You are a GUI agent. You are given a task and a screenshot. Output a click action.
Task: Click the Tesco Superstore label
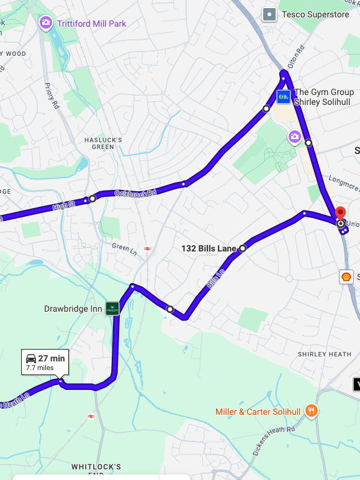[315, 14]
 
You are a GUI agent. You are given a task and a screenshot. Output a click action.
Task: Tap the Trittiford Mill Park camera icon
[46, 24]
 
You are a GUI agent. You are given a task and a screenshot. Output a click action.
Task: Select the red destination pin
[340, 214]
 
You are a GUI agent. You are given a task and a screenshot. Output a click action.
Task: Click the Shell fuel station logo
[346, 276]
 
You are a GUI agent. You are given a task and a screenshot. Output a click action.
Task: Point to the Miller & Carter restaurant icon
[312, 411]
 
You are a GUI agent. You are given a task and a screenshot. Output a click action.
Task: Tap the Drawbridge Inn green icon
[112, 309]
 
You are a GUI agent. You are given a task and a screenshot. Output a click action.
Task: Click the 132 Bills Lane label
[209, 248]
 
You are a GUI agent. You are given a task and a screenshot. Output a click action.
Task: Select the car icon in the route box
[30, 358]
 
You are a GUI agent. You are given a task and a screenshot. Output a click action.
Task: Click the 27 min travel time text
[52, 358]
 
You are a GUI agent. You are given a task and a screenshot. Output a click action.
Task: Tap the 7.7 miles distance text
[40, 368]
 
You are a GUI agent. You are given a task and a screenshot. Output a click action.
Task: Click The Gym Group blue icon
[284, 96]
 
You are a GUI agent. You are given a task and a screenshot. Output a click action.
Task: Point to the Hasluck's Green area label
[103, 143]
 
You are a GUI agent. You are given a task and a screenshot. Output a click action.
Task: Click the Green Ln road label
[124, 247]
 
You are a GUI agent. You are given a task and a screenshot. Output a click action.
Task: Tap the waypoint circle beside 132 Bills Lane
[243, 248]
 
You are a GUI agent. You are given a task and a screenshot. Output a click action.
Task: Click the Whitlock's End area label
[96, 470]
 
